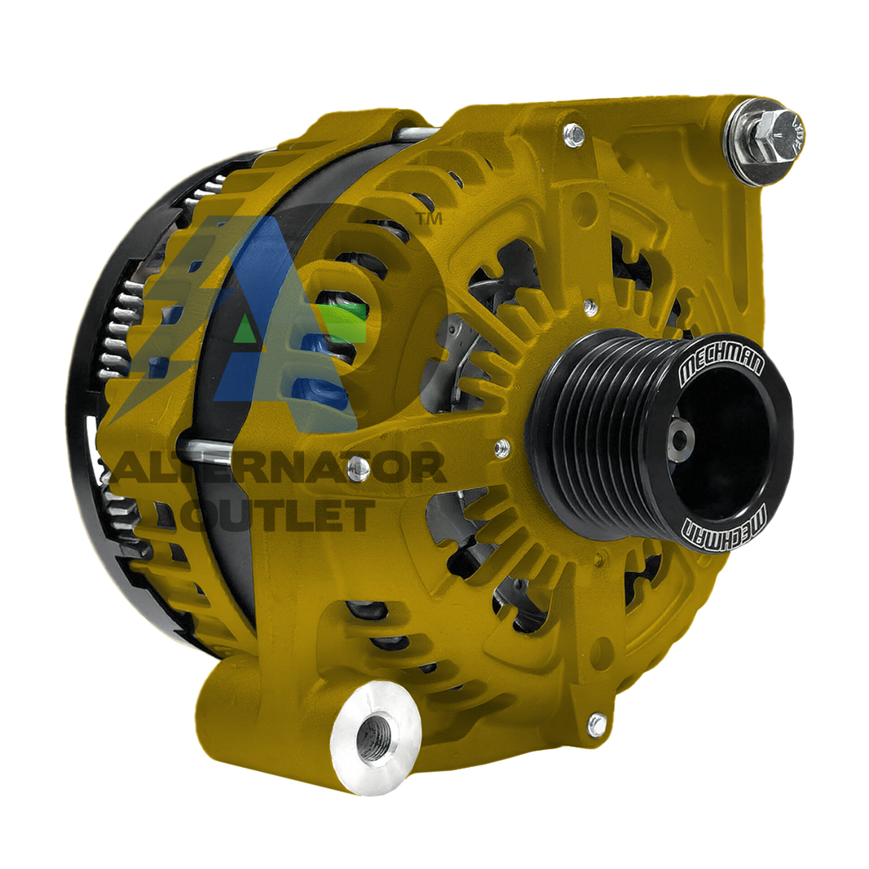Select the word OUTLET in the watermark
278,515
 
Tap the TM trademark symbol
429,219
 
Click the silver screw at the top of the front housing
574,135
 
